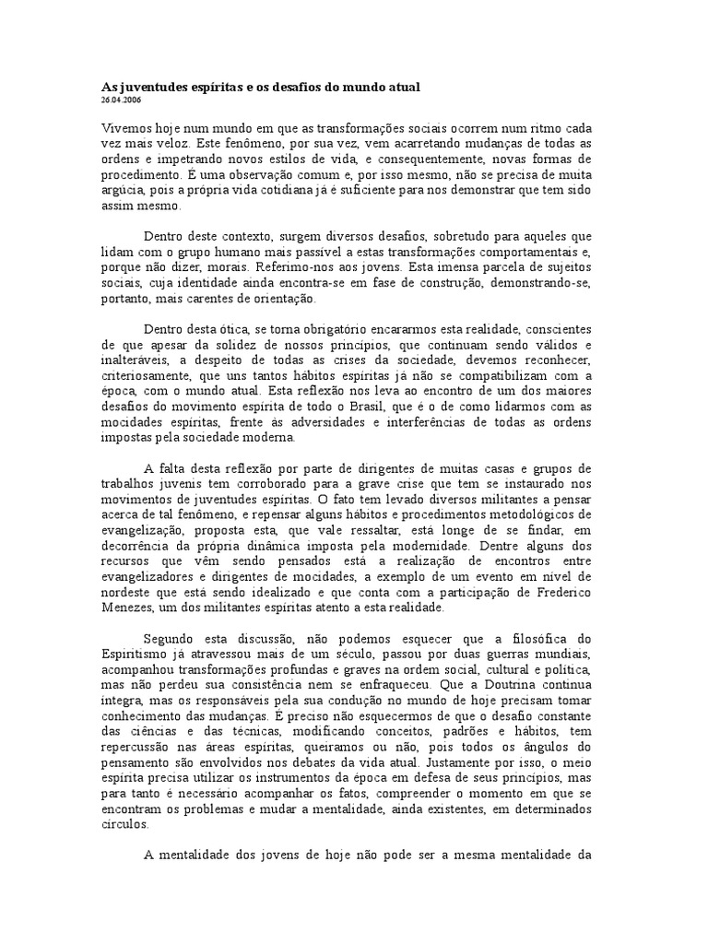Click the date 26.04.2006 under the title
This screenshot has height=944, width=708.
(x=121, y=100)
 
